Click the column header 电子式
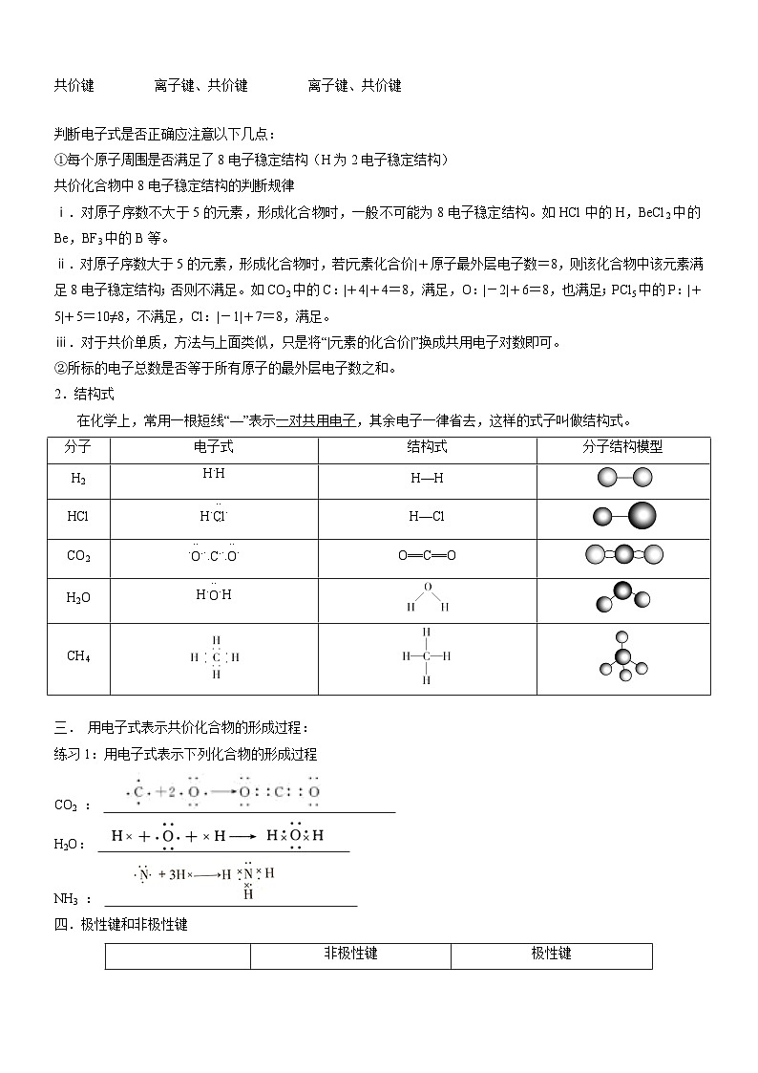(213, 447)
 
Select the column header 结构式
(427, 447)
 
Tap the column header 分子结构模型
(622, 447)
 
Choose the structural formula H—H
(427, 479)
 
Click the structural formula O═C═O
(427, 555)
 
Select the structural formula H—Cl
(427, 517)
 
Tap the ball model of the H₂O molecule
(622, 597)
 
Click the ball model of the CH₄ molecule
(622, 657)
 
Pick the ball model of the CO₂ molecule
(622, 554)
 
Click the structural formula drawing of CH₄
(426, 656)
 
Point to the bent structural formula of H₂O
(427, 597)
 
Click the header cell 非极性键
(350, 954)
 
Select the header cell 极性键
(551, 954)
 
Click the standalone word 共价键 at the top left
(74, 85)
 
